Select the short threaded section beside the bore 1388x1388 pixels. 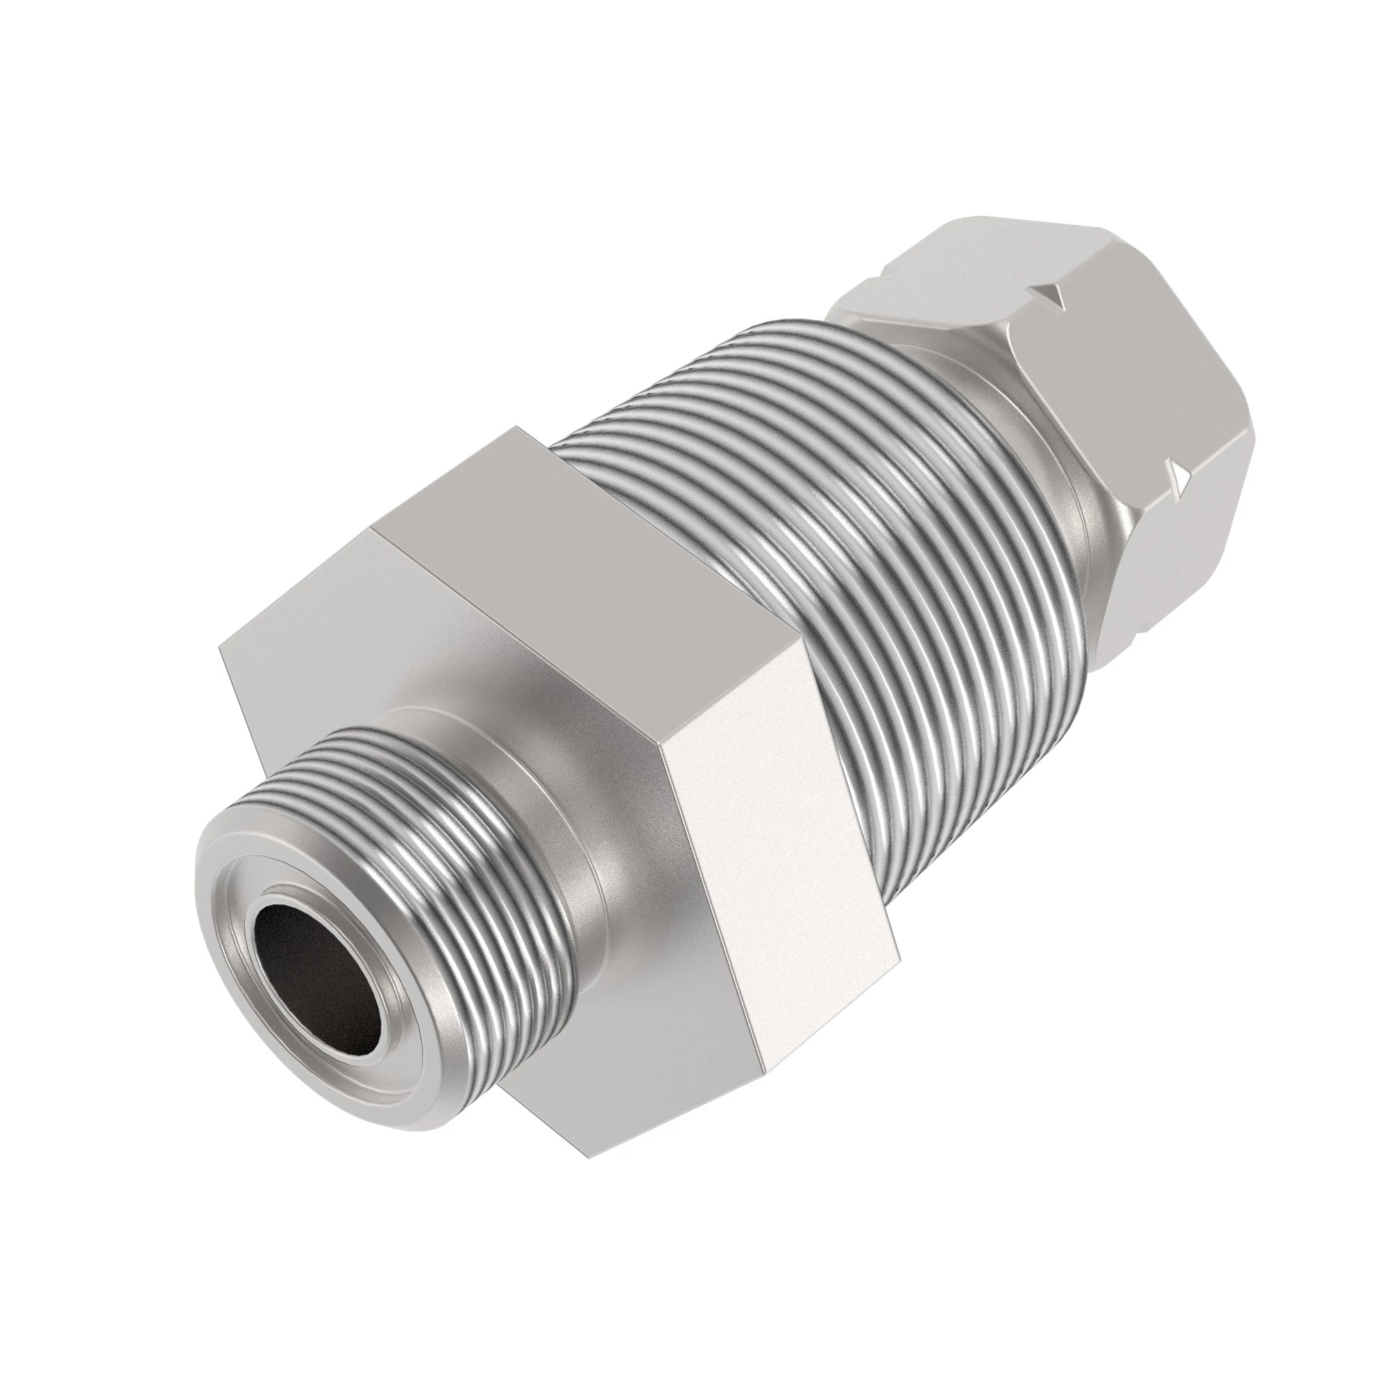(431, 848)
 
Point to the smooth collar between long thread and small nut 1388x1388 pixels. (1035, 460)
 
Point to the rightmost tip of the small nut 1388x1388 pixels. (1256, 438)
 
